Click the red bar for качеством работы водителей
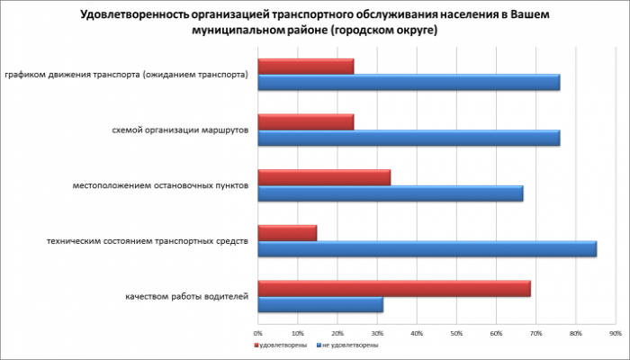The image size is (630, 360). pyautogui.click(x=394, y=289)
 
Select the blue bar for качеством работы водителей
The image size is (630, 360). pyautogui.click(x=320, y=305)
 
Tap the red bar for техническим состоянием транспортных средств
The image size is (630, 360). pyautogui.click(x=287, y=233)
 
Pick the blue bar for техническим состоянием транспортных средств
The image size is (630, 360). pyautogui.click(x=427, y=249)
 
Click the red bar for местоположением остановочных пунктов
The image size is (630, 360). pyautogui.click(x=324, y=177)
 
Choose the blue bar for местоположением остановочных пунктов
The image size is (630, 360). pyautogui.click(x=390, y=193)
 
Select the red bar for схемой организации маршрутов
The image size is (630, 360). pyautogui.click(x=306, y=121)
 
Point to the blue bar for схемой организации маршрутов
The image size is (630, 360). pyautogui.click(x=409, y=138)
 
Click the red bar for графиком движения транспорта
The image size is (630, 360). pyautogui.click(x=306, y=66)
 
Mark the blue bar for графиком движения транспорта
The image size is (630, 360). pyautogui.click(x=409, y=82)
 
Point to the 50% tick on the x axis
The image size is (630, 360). pyautogui.click(x=456, y=333)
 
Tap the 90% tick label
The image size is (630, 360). pyautogui.click(x=615, y=333)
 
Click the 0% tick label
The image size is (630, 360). pyautogui.click(x=258, y=333)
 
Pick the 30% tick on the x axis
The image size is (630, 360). pyautogui.click(x=377, y=333)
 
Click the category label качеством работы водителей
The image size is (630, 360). pyautogui.click(x=185, y=297)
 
